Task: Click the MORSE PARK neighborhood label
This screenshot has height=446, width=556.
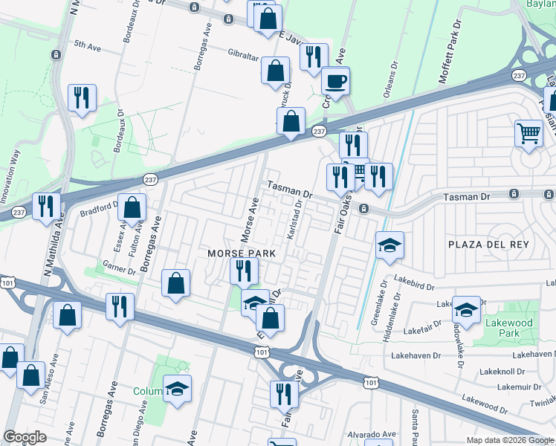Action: (241, 253)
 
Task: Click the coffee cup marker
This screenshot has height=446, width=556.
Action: (335, 82)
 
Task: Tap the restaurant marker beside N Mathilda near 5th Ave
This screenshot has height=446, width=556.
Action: (82, 98)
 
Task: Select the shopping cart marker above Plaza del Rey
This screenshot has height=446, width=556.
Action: (528, 134)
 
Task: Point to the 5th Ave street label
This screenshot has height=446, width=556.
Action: (87, 46)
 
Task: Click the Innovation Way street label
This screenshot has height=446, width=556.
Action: (14, 171)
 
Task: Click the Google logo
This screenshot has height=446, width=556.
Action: (25, 436)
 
